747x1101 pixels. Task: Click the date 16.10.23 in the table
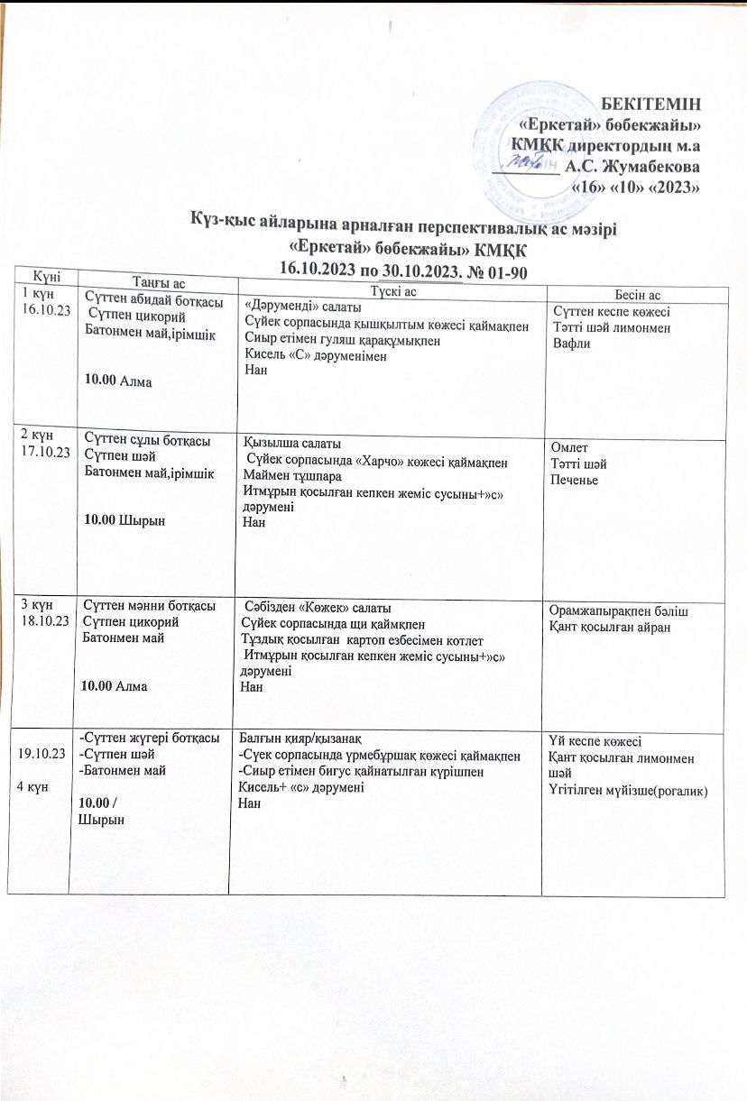[38, 309]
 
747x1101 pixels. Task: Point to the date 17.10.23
[40, 451]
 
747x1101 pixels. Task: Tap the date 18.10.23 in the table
[40, 619]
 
